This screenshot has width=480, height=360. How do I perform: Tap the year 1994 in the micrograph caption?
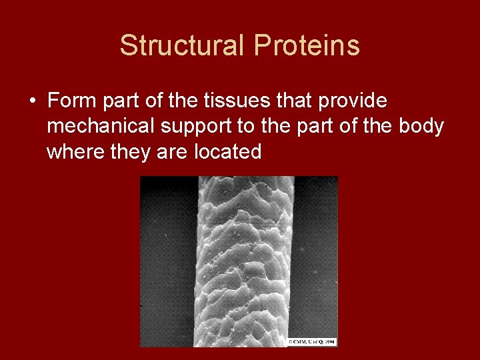point(329,341)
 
